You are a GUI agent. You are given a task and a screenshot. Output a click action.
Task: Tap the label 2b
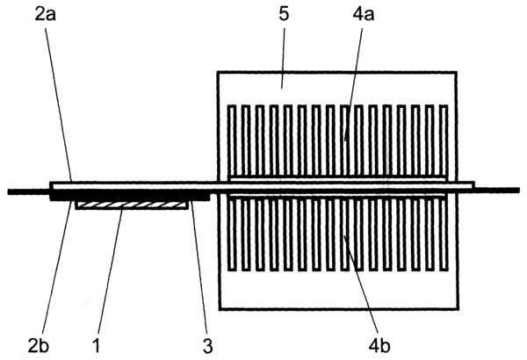39,346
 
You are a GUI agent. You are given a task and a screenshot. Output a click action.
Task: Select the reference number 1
97,346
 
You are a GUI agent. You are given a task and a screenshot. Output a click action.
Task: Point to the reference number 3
207,346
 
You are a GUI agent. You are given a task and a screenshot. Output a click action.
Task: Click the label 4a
364,15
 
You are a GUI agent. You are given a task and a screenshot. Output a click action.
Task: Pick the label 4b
379,346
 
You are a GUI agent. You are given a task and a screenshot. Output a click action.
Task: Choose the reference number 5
284,15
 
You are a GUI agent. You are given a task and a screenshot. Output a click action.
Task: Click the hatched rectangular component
132,205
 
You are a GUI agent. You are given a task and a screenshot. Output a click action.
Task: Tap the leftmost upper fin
232,140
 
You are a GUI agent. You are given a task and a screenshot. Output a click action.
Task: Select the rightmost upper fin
444,140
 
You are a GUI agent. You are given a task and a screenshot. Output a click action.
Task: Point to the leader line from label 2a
59,105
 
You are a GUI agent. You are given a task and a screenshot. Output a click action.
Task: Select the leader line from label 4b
361,280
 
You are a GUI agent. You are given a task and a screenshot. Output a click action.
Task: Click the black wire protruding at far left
29,192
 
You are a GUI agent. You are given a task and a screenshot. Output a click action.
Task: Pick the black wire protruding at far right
497,191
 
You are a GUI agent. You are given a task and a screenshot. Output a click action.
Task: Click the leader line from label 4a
354,84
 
